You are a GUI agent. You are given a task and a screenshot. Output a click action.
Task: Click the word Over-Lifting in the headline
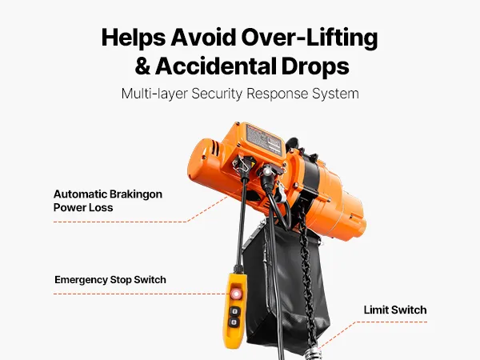310,38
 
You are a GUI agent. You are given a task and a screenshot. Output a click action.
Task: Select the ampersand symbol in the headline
142,66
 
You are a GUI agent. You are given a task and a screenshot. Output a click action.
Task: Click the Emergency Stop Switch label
110,280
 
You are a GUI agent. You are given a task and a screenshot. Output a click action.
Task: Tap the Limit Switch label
395,310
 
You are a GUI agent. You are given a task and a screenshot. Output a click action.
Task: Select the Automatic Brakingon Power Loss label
108,201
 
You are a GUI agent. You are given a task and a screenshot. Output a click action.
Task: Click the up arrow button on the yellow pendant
235,312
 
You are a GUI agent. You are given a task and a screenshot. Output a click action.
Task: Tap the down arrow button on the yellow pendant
234,322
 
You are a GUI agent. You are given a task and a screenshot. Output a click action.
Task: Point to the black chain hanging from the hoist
306,275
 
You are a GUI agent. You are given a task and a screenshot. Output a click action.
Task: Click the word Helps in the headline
134,38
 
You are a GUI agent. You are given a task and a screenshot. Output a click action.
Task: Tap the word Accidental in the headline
214,66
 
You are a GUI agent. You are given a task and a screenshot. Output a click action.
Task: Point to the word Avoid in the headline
203,38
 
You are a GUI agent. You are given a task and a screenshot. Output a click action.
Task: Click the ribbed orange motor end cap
203,161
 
